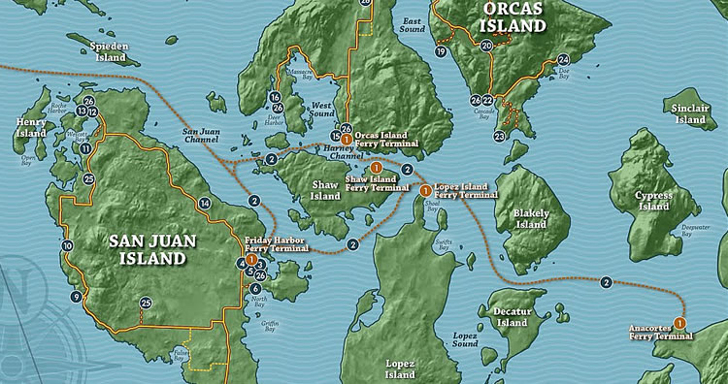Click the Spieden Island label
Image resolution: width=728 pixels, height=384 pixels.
tap(109, 52)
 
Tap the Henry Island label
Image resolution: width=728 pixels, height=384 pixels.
tap(31, 128)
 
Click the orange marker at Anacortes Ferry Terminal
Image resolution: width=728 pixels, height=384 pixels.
tap(679, 322)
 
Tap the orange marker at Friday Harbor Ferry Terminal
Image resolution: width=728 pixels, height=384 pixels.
tap(251, 260)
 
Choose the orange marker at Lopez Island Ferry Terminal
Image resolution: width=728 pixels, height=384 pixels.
tap(425, 190)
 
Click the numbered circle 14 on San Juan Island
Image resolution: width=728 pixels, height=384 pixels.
tap(204, 203)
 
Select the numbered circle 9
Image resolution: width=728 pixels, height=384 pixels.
tap(76, 297)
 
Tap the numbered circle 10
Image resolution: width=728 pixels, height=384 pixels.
tap(67, 246)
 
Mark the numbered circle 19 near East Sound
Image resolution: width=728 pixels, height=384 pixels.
tap(441, 51)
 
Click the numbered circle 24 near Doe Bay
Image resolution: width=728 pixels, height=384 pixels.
tap(563, 60)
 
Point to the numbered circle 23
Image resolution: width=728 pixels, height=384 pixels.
tap(499, 137)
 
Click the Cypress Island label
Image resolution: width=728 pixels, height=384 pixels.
tap(653, 201)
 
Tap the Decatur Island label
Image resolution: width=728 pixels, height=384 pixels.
tap(511, 316)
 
